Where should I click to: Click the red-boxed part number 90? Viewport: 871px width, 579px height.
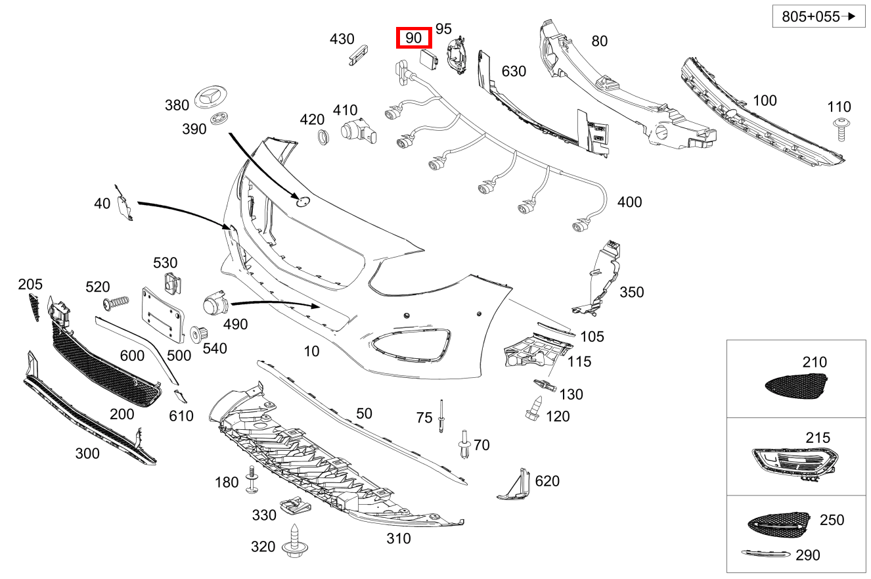(x=413, y=38)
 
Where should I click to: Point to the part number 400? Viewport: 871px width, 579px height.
(x=629, y=202)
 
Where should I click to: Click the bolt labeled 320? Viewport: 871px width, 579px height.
(x=293, y=543)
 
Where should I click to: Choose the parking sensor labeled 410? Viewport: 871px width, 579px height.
(x=359, y=131)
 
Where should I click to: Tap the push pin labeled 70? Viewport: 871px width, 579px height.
(x=465, y=446)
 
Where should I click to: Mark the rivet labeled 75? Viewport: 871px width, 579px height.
(x=441, y=415)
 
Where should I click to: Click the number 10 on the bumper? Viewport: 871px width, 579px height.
(x=311, y=351)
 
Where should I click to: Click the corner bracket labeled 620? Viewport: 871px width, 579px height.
(x=515, y=485)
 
